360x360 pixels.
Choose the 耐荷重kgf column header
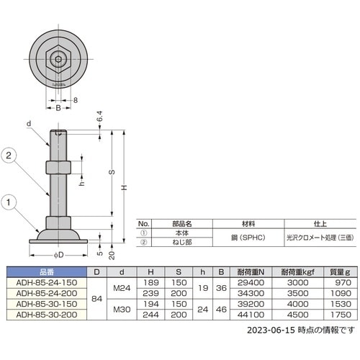(x=293, y=272)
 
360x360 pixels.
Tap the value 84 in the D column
(x=96, y=299)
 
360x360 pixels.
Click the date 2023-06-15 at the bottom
(x=257, y=332)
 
